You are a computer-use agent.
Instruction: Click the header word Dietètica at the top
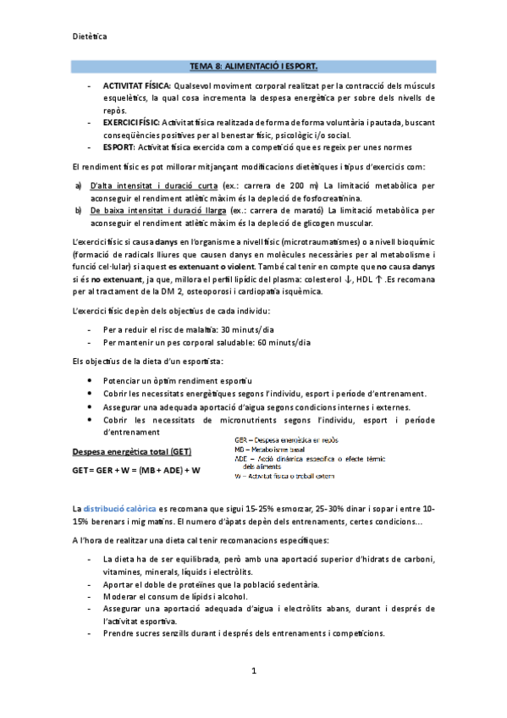(x=90, y=36)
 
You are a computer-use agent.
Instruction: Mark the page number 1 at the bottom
(x=253, y=671)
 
